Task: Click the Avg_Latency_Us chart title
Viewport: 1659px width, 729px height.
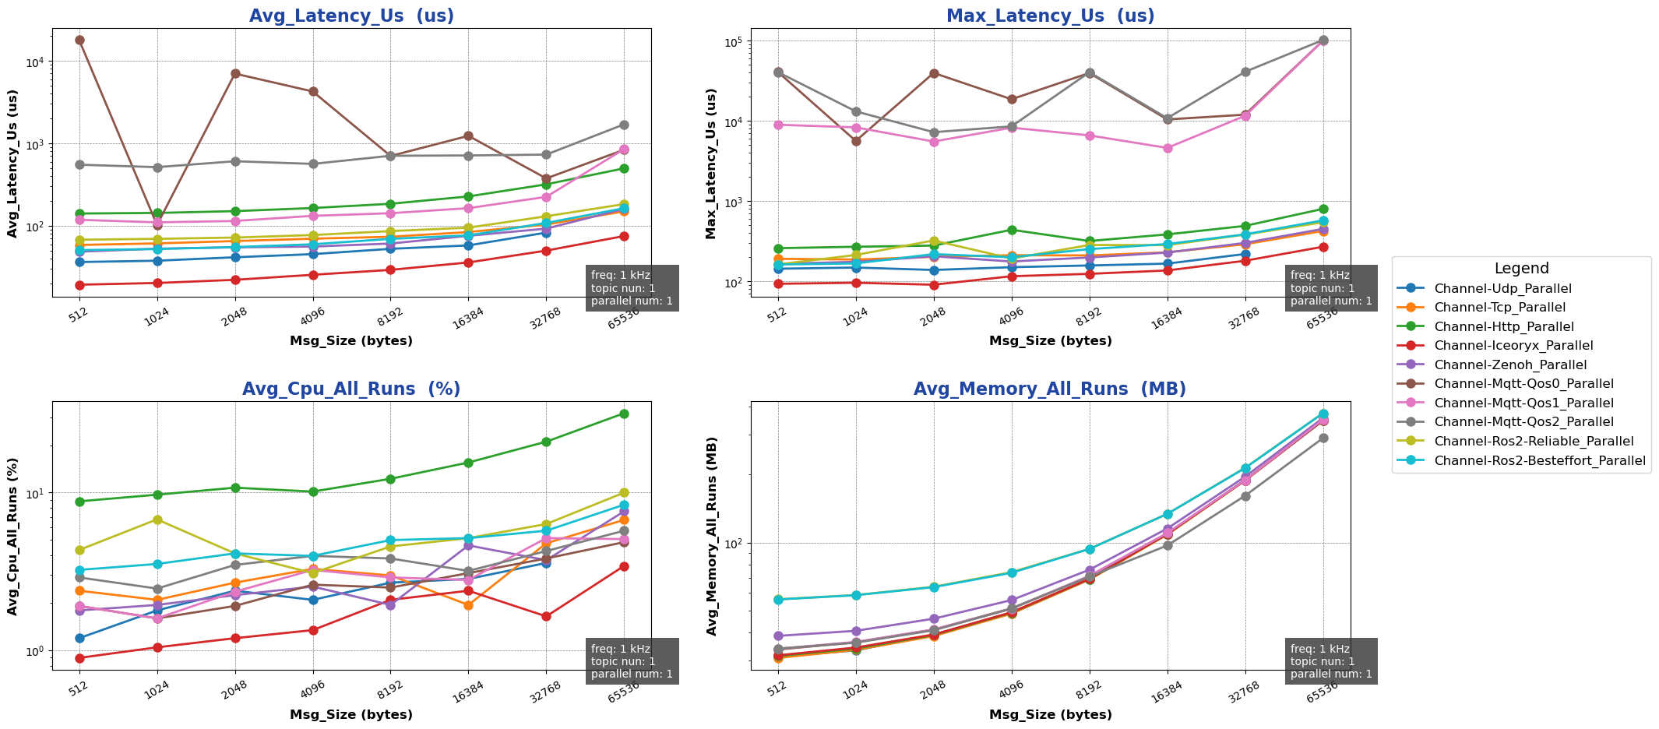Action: pyautogui.click(x=351, y=16)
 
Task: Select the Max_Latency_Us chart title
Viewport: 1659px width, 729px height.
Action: pyautogui.click(x=1050, y=16)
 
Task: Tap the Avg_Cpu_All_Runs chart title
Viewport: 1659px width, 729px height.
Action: pyautogui.click(x=351, y=389)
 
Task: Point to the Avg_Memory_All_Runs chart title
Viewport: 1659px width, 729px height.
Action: pyautogui.click(x=1050, y=389)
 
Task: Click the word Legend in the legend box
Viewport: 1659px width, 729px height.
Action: pyautogui.click(x=1521, y=269)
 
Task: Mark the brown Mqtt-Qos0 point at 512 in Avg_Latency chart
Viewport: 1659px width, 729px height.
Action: pyautogui.click(x=79, y=40)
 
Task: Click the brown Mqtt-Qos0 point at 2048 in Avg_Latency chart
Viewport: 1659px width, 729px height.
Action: pyautogui.click(x=235, y=73)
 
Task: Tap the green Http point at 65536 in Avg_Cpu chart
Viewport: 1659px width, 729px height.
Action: pyautogui.click(x=624, y=414)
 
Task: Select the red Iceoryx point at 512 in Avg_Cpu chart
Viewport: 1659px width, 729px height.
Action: pyautogui.click(x=79, y=658)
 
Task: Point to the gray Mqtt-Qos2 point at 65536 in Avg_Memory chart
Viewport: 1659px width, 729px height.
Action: pyautogui.click(x=1323, y=438)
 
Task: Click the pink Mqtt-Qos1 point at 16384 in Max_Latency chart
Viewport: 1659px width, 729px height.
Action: pyautogui.click(x=1168, y=148)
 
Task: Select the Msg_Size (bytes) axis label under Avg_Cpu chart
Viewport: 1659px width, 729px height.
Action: pyautogui.click(x=351, y=714)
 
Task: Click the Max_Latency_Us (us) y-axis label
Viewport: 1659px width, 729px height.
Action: pyautogui.click(x=711, y=163)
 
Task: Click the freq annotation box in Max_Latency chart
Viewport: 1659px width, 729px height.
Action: pyautogui.click(x=1331, y=288)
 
